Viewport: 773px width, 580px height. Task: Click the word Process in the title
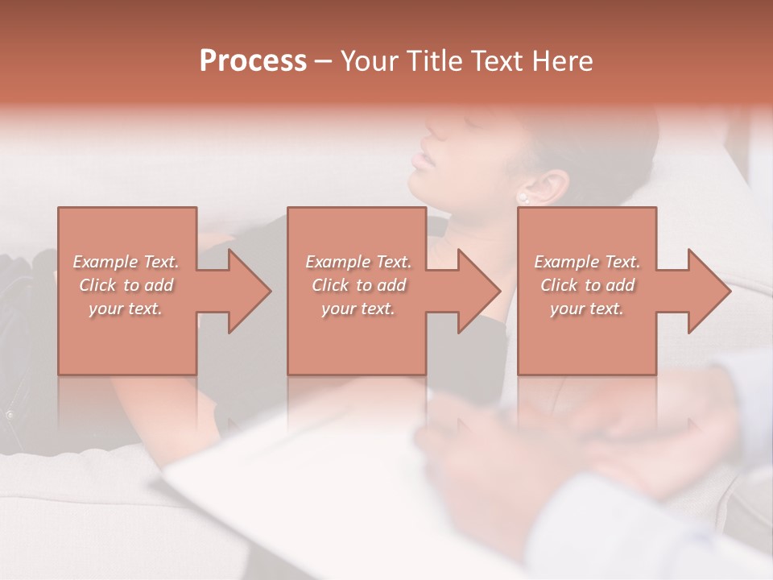tap(253, 60)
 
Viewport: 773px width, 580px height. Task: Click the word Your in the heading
tap(368, 60)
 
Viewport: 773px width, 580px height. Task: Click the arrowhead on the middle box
tap(474, 291)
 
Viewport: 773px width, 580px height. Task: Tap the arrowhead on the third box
tap(705, 291)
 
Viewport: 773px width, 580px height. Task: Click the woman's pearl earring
tap(523, 196)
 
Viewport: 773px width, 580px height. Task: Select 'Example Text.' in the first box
tap(126, 262)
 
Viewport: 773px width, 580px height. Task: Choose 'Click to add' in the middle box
tap(358, 285)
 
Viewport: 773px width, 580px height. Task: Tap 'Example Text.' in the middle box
tap(358, 262)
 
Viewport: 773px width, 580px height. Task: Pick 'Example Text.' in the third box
tap(587, 262)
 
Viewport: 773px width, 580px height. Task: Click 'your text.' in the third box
tap(586, 309)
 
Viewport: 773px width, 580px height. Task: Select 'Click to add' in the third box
tap(587, 285)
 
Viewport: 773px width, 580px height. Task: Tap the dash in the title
tap(324, 60)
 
